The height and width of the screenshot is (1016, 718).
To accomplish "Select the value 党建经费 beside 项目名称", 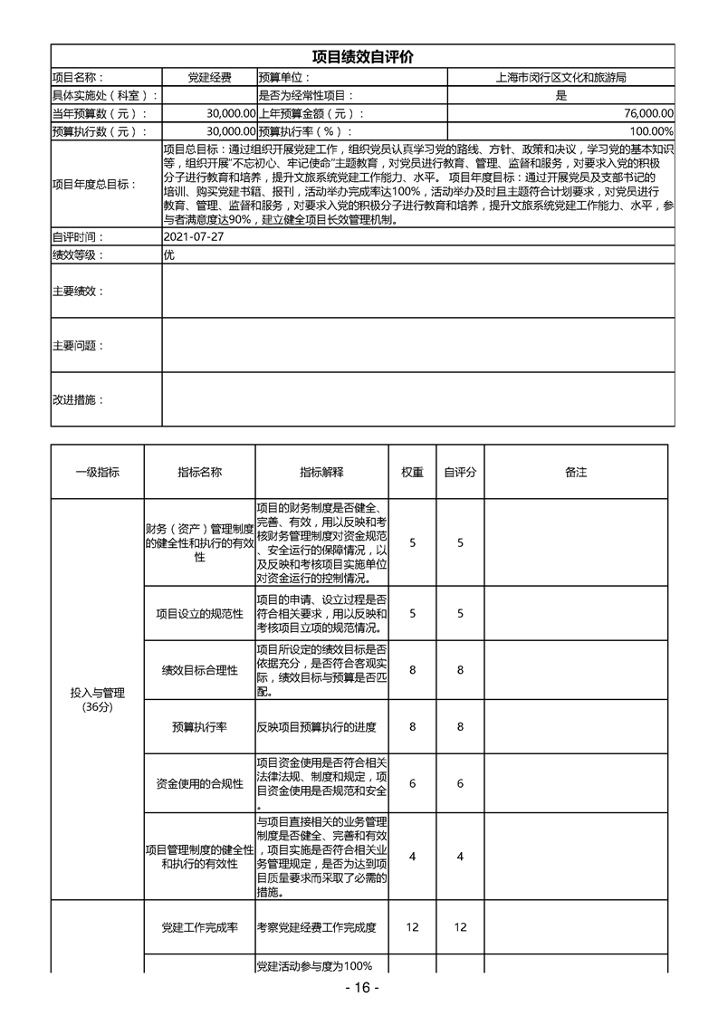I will point(209,79).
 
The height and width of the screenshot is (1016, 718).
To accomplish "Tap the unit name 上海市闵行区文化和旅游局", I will point(561,79).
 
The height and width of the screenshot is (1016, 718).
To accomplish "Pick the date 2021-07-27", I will point(194,236).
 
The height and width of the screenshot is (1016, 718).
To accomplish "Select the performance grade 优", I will point(168,254).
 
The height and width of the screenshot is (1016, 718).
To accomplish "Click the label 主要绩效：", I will point(78,291).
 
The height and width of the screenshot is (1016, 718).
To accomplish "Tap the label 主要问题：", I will point(78,345).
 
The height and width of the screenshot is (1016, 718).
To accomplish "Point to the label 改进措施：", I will point(78,399).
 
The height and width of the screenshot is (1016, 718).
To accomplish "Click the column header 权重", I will point(413,472).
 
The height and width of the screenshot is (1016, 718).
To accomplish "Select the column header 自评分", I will point(460,472).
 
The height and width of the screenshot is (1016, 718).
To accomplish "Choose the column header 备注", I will point(576,472).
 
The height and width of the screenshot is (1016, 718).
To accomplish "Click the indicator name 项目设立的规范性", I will point(199,614).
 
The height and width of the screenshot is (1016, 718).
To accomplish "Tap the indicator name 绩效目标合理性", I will point(199,670).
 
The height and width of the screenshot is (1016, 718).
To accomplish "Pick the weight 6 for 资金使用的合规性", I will point(413,783).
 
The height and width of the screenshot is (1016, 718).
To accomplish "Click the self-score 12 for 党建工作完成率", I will point(460,927).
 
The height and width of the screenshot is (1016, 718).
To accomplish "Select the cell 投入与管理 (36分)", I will point(97,699).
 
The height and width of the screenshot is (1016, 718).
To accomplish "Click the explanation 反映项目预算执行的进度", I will point(316,726).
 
